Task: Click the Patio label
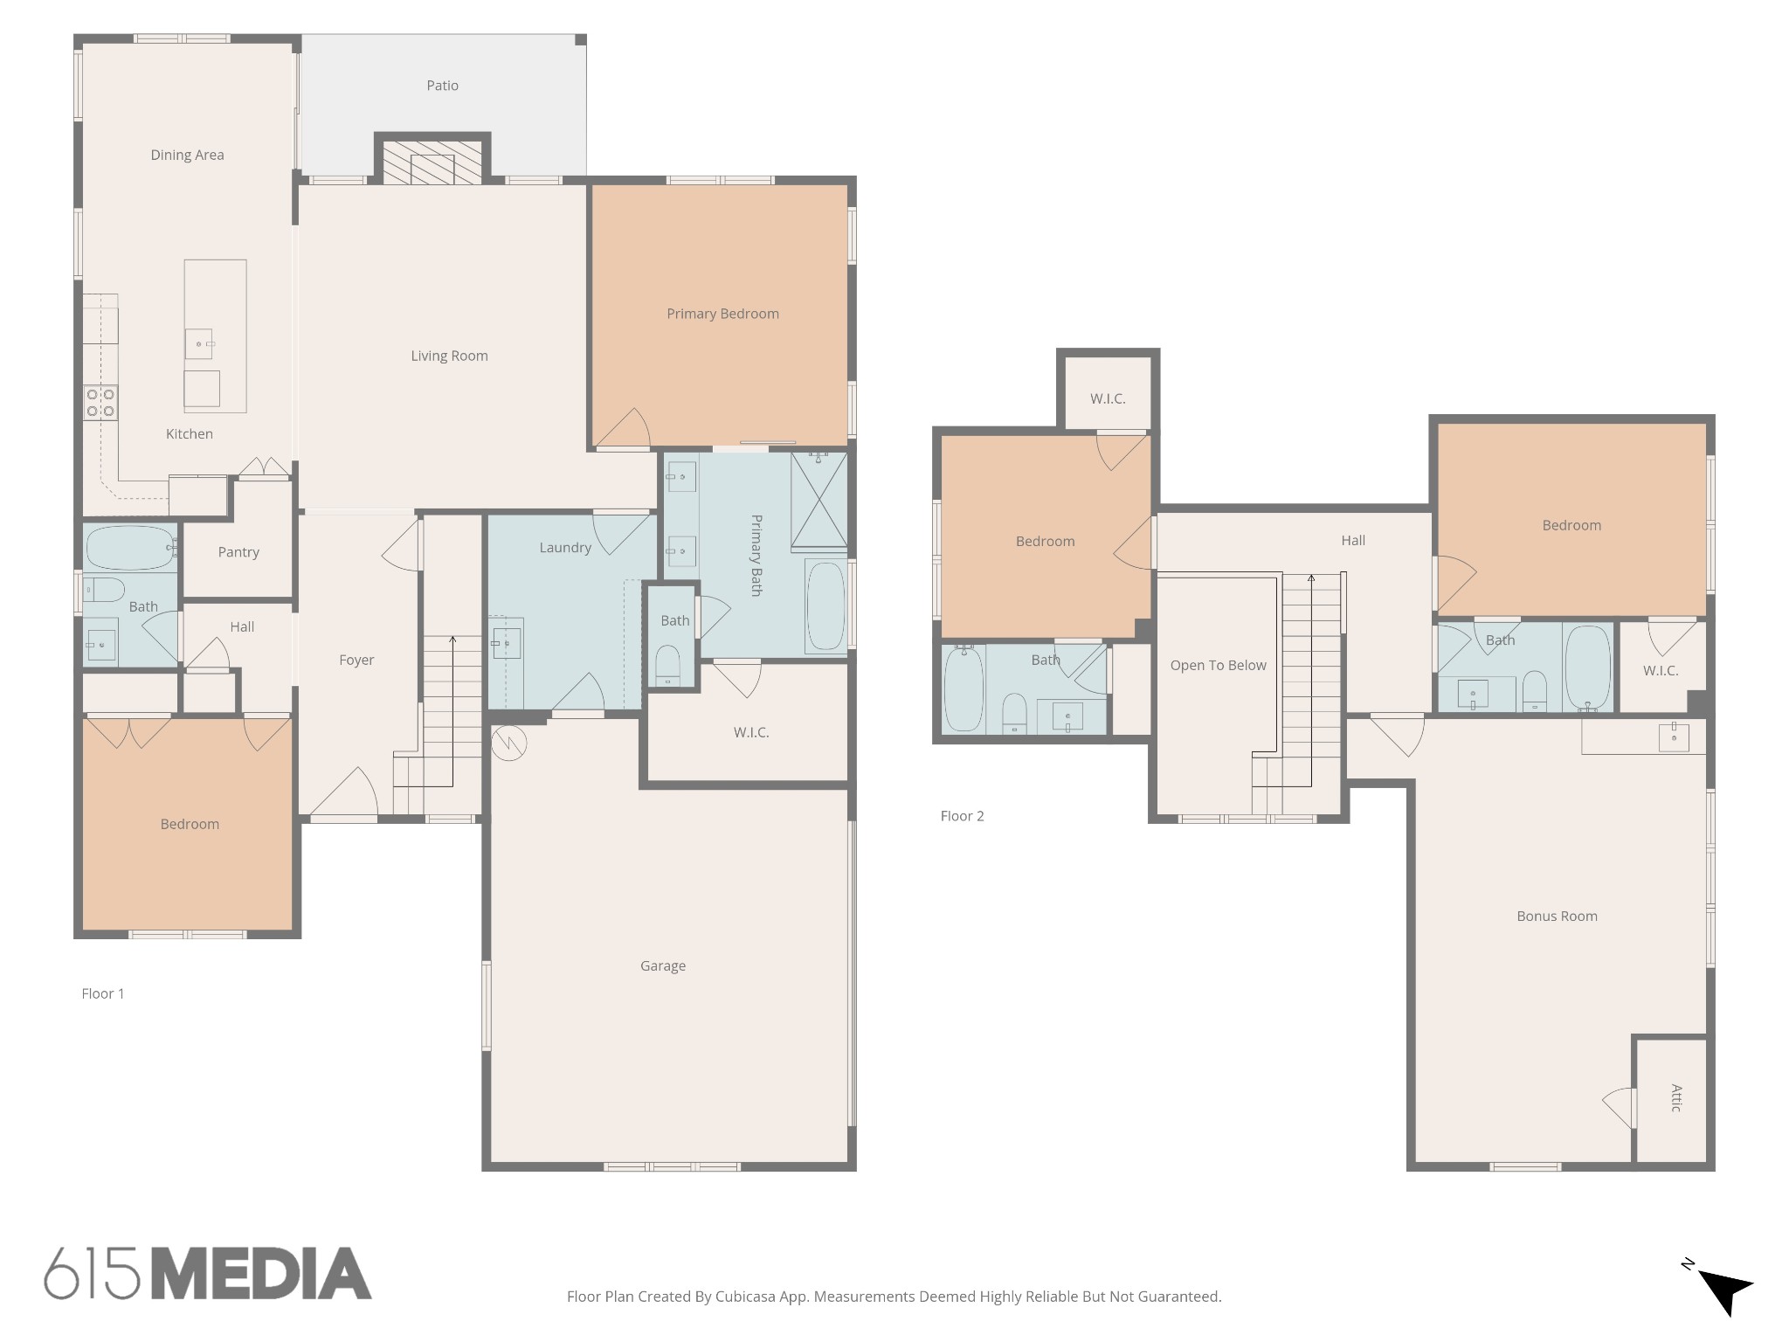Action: tap(442, 86)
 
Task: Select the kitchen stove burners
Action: tap(100, 403)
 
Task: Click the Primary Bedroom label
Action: tap(722, 314)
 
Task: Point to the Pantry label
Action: tap(238, 552)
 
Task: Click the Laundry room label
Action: tap(565, 548)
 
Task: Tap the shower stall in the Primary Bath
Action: tap(819, 502)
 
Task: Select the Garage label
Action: tap(662, 965)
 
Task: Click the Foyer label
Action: tap(356, 661)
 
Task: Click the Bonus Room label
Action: tap(1557, 916)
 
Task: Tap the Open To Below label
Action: tap(1218, 666)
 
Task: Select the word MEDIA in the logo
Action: tap(263, 1274)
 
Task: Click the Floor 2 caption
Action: tap(962, 816)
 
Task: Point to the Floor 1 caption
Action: tap(103, 993)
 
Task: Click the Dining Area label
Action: tap(187, 156)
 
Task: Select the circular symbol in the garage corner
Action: tap(508, 744)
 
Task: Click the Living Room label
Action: tap(449, 356)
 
